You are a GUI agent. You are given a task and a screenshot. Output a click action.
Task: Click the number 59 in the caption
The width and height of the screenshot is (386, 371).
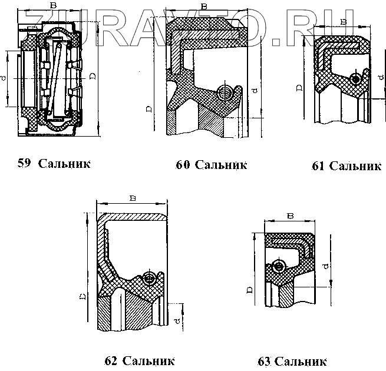tap(24, 163)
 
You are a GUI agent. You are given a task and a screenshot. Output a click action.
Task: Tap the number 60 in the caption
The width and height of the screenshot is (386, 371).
tap(183, 164)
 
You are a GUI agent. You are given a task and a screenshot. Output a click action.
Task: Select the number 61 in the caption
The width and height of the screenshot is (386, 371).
tap(318, 166)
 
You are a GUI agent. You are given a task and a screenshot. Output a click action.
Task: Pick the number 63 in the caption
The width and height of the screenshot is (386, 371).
tap(265, 360)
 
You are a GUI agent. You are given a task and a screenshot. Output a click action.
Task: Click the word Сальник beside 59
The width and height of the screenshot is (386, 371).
tap(64, 163)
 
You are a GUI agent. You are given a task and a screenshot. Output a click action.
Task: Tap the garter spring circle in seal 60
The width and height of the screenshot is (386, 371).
tap(225, 92)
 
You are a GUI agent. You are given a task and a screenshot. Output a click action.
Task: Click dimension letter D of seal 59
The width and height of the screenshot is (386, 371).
tap(92, 77)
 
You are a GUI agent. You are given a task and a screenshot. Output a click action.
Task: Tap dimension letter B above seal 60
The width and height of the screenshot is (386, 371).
tap(204, 6)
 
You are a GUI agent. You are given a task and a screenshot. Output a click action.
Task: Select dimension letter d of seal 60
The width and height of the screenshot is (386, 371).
tap(253, 90)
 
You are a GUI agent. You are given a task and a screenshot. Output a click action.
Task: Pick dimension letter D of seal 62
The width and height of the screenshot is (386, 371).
tap(83, 296)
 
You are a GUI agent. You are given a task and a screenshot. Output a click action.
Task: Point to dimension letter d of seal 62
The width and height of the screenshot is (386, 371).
tap(177, 321)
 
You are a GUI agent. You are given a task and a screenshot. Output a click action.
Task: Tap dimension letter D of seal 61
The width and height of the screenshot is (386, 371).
tap(299, 87)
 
